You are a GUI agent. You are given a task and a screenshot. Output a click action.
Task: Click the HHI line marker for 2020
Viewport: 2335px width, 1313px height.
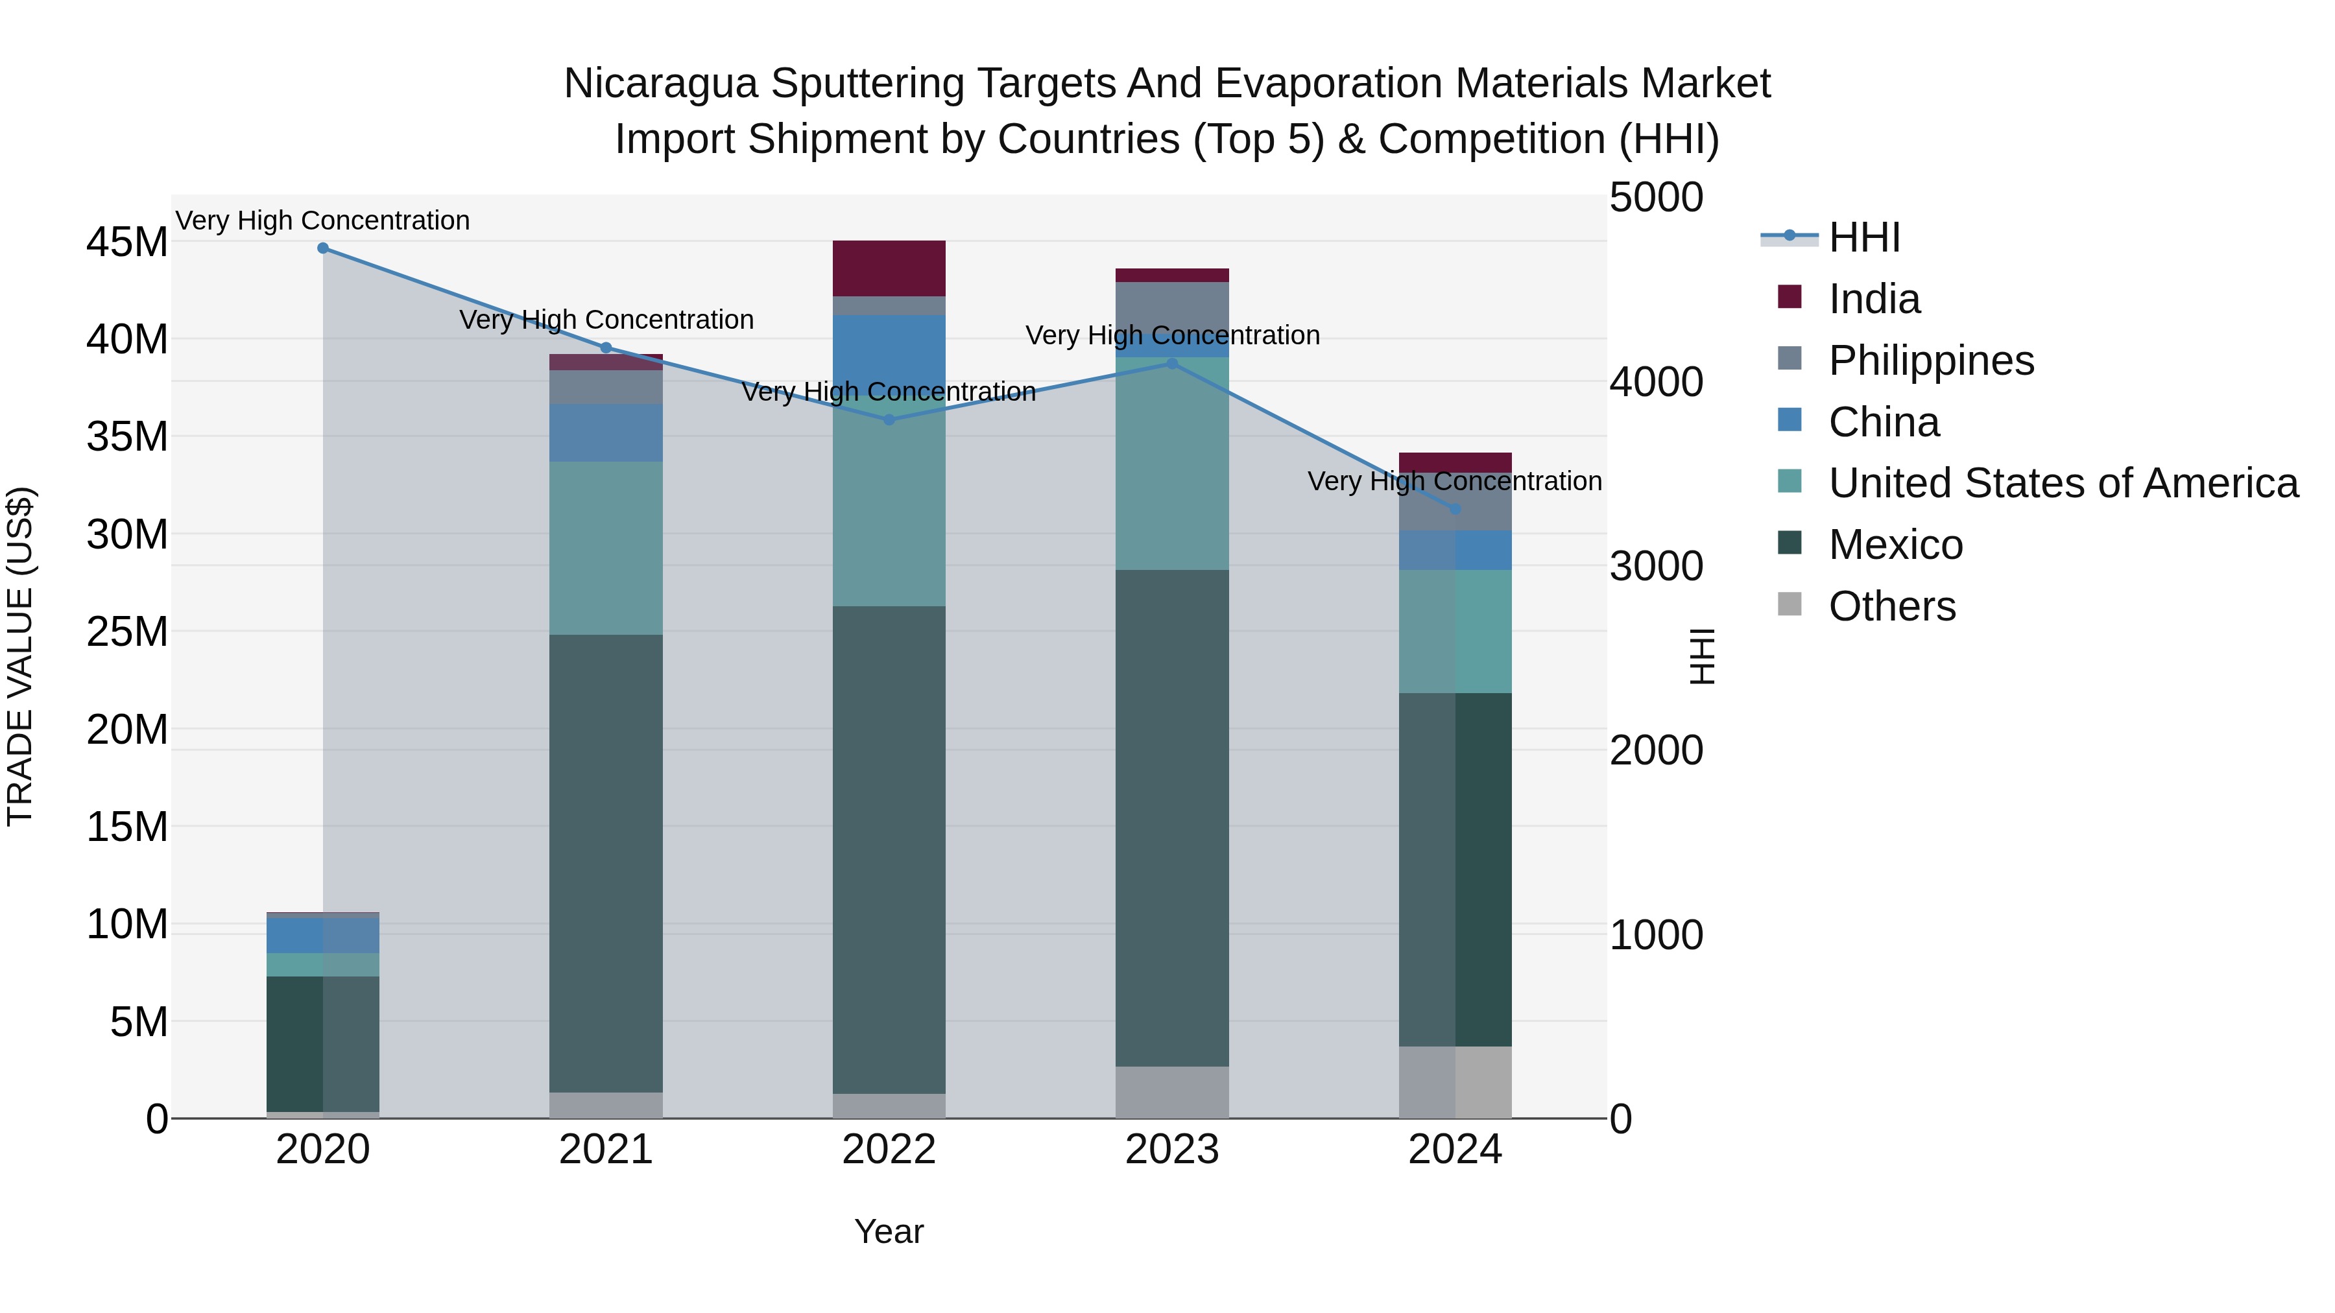click(323, 248)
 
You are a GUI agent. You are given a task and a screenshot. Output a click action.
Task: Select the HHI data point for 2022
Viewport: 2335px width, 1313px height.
click(889, 420)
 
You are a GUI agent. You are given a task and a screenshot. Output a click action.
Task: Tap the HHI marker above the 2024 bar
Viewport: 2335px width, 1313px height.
click(1455, 509)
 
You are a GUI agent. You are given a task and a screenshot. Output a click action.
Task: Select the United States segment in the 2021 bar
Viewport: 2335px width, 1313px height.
click(606, 547)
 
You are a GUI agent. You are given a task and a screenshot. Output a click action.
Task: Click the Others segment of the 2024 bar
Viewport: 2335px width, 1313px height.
click(1455, 1082)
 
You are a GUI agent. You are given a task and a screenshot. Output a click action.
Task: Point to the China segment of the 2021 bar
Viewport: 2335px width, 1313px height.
click(606, 432)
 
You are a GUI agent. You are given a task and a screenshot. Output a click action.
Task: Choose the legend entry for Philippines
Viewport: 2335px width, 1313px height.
click(1931, 361)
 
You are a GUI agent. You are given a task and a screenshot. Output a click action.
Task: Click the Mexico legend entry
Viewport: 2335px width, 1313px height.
click(1895, 545)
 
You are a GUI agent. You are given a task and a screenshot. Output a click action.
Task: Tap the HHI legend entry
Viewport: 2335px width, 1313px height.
click(1863, 237)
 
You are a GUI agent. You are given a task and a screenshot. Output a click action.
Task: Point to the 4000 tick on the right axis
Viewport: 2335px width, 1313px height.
click(1656, 383)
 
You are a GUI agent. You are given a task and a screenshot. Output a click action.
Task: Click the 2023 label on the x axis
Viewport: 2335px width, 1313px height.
click(1172, 1150)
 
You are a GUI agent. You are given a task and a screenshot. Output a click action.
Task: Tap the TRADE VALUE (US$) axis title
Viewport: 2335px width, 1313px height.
click(20, 656)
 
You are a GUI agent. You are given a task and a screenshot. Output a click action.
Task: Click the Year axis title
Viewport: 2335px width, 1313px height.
click(889, 1231)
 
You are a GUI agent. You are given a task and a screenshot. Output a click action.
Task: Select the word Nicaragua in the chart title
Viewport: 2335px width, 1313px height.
click(660, 84)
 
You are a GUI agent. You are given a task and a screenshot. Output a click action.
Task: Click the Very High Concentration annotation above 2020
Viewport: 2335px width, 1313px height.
click(323, 220)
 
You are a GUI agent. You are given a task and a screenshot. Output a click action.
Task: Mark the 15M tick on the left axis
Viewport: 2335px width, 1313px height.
click(127, 827)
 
